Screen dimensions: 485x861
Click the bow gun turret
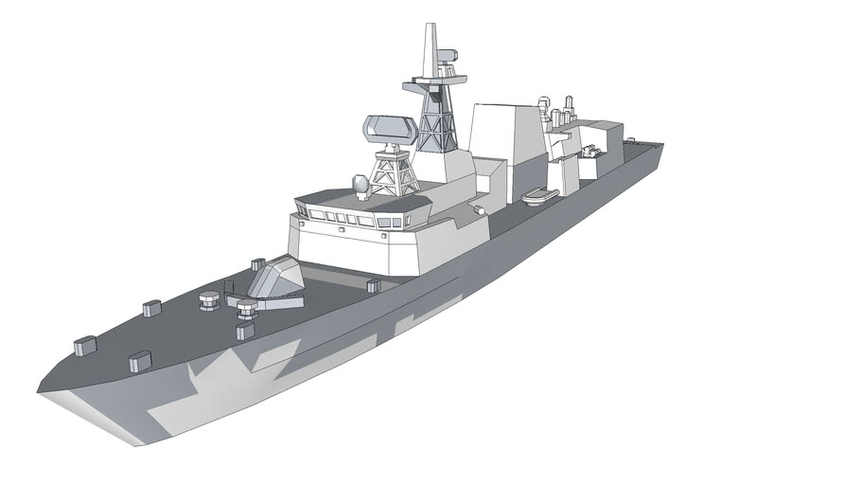coord(275,282)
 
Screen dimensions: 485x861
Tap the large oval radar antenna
coord(388,129)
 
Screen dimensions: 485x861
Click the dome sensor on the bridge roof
coord(360,182)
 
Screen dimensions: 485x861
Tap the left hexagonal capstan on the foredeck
coord(209,301)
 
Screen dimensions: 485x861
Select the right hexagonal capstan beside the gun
coord(246,307)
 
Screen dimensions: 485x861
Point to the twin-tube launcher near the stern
coord(592,151)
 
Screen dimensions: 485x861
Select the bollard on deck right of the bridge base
coord(372,283)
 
